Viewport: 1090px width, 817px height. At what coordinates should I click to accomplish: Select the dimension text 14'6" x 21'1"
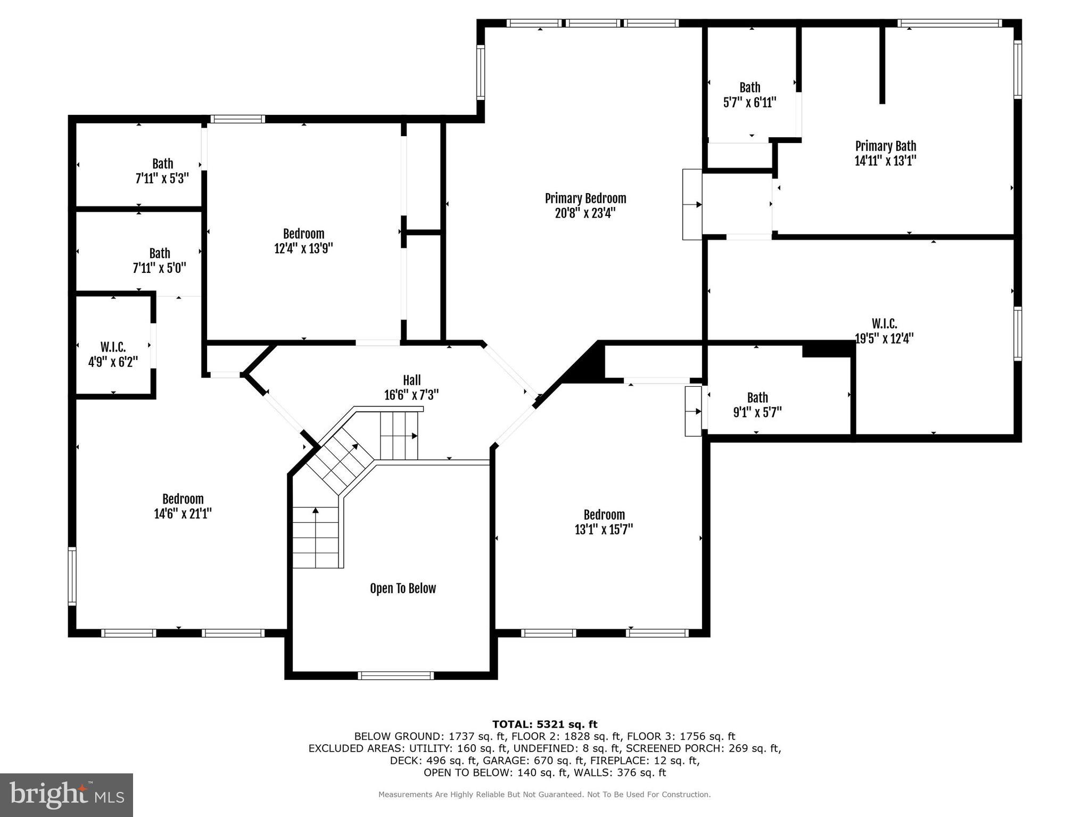point(183,514)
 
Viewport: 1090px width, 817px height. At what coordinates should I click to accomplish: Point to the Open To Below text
point(403,588)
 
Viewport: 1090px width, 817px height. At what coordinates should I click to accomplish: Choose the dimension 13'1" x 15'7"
point(604,530)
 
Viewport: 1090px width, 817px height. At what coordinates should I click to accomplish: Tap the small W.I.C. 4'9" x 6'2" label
point(113,355)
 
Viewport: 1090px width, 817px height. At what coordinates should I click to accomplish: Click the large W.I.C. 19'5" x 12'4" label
point(884,331)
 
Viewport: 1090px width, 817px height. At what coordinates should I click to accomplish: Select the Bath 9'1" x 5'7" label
point(757,405)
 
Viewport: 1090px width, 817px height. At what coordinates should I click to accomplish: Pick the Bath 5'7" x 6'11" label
point(749,95)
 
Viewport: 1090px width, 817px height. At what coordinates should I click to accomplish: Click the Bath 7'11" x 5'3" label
point(162,171)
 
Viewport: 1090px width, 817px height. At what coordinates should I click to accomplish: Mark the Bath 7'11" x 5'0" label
point(159,261)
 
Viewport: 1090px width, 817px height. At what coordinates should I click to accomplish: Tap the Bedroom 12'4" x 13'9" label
point(303,241)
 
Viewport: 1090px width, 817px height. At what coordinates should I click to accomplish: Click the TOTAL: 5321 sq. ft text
point(544,724)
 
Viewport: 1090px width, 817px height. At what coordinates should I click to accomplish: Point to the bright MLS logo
point(66,795)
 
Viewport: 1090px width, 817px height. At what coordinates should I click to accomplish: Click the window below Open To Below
point(395,676)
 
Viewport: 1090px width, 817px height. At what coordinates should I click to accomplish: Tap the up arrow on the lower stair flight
point(315,511)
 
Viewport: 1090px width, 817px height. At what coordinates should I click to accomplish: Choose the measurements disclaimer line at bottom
point(544,795)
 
